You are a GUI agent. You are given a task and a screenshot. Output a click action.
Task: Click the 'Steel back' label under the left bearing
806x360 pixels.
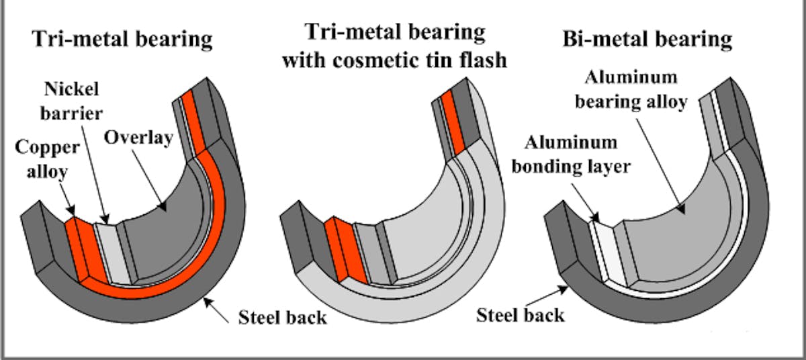(283, 316)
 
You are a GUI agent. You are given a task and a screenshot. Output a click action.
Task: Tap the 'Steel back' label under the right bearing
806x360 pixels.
(521, 315)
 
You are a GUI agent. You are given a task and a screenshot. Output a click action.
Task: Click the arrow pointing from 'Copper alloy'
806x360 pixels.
(66, 198)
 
